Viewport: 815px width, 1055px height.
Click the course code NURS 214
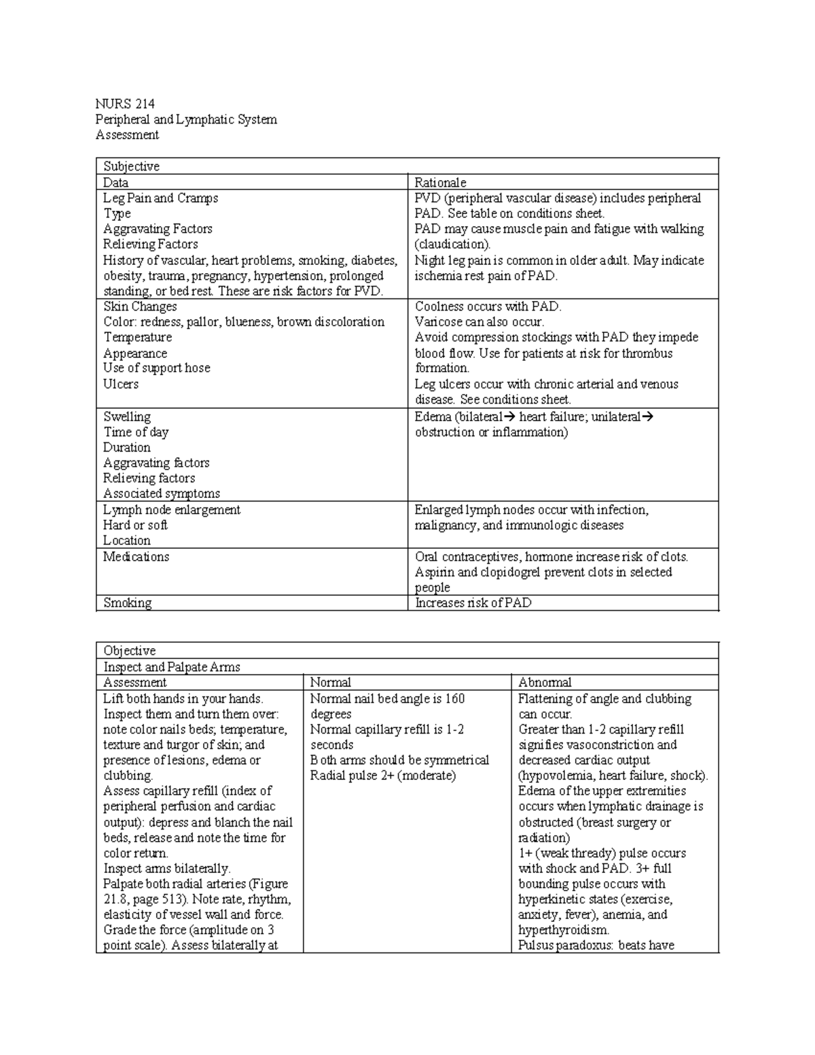pyautogui.click(x=125, y=104)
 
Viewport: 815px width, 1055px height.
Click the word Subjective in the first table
pyautogui.click(x=131, y=166)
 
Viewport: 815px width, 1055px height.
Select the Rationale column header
pyautogui.click(x=440, y=183)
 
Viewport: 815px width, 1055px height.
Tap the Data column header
pyautogui.click(x=115, y=183)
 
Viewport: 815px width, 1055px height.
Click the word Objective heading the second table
pyautogui.click(x=129, y=651)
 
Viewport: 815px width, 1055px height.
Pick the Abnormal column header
pyautogui.click(x=545, y=683)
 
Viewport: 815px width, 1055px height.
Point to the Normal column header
pyautogui.click(x=331, y=683)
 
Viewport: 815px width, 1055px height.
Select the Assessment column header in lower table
pyautogui.click(x=134, y=683)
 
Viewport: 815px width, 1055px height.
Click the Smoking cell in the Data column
pyautogui.click(x=127, y=603)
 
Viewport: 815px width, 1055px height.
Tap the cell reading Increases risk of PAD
pyautogui.click(x=473, y=603)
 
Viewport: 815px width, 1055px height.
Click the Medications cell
pyautogui.click(x=136, y=557)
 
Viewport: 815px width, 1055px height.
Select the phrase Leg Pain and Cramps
pyautogui.click(x=160, y=198)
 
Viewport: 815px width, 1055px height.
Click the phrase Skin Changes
pyautogui.click(x=140, y=306)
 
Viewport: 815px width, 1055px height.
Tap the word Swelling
pyautogui.click(x=127, y=417)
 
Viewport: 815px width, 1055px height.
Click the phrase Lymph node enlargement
pyautogui.click(x=171, y=510)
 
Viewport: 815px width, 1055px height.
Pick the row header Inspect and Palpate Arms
pyautogui.click(x=171, y=667)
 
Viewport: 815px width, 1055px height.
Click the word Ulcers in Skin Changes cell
pyautogui.click(x=121, y=384)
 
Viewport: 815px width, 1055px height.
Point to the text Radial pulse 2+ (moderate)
pyautogui.click(x=383, y=776)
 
